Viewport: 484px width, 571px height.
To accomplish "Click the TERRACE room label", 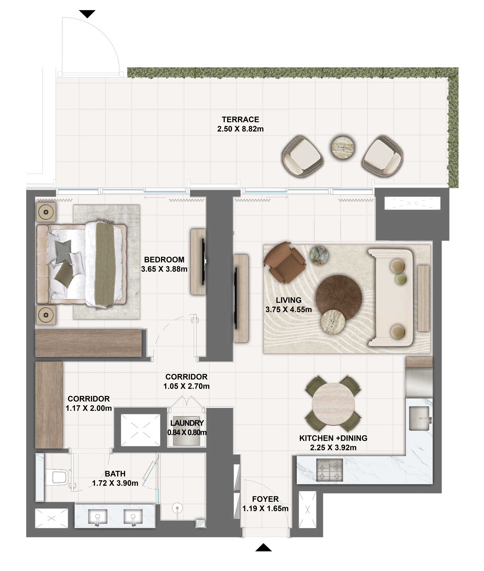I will (240, 119).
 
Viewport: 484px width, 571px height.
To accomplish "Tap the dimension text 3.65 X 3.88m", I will (164, 269).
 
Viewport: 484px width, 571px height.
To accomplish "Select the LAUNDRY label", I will (187, 423).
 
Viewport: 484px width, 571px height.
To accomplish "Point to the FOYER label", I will (265, 499).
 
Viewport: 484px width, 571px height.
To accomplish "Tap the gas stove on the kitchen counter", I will (329, 470).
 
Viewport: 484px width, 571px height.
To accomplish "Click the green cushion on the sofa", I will (401, 279).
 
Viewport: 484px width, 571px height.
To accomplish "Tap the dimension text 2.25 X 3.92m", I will (333, 448).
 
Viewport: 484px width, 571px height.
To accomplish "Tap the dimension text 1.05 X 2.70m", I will (186, 386).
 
